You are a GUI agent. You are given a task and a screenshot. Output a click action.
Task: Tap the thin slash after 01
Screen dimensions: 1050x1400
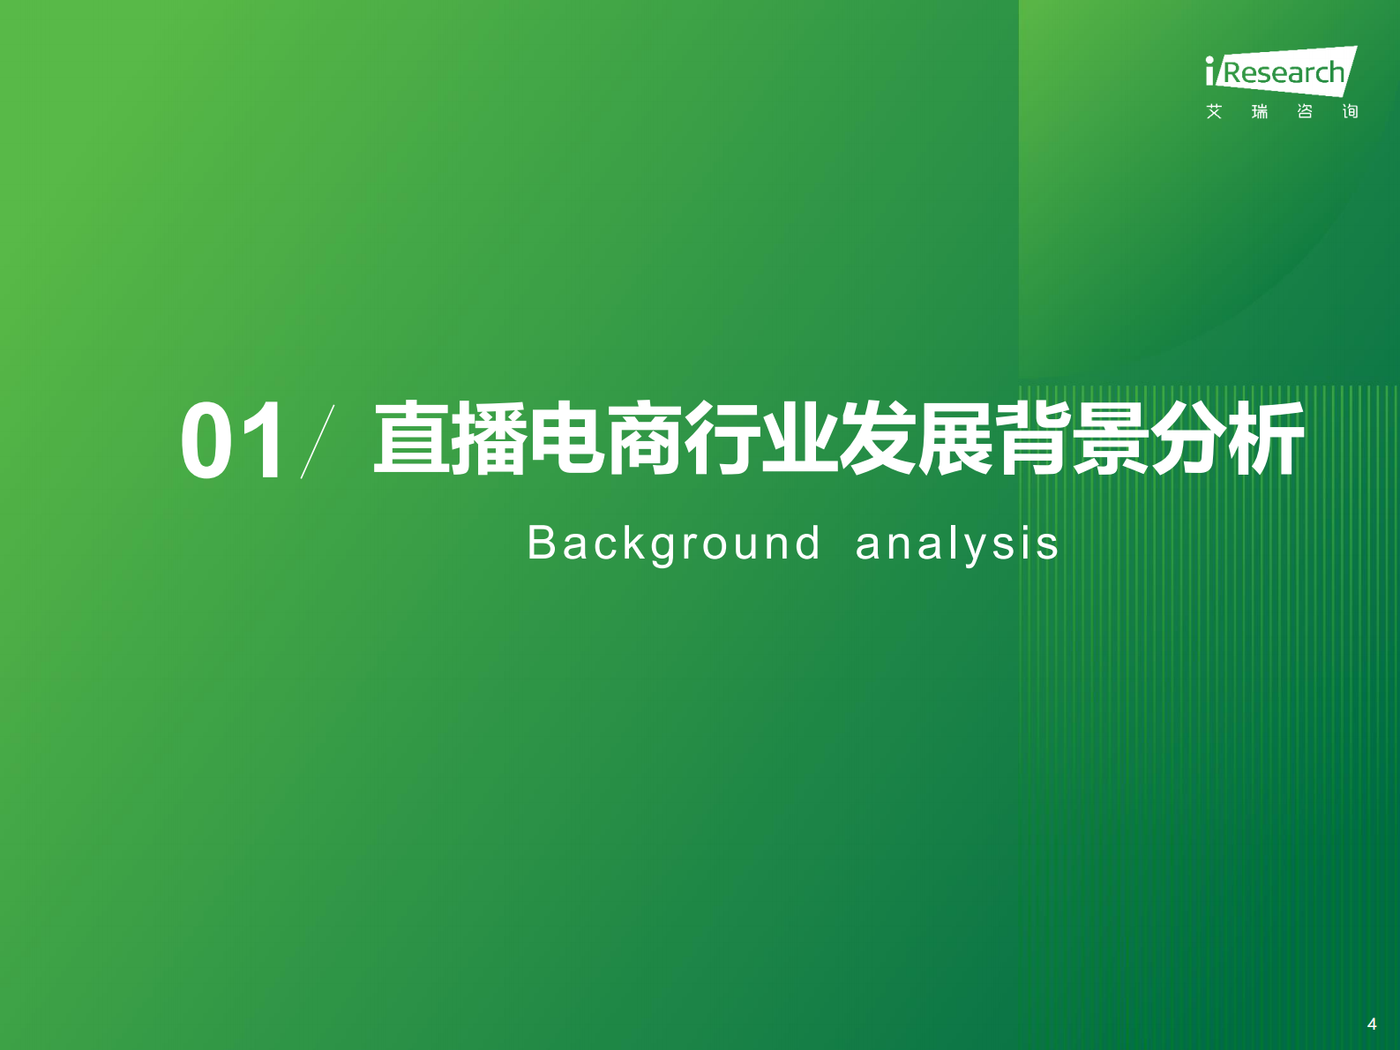pos(318,441)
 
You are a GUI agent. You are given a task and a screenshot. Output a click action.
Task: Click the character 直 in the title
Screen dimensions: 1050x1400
pos(412,439)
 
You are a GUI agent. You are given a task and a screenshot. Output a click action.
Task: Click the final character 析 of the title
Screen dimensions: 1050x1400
pos(1266,439)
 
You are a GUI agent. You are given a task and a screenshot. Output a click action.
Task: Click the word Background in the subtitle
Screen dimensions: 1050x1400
pos(674,544)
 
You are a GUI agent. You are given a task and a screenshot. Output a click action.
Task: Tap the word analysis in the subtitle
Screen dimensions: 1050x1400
pos(957,544)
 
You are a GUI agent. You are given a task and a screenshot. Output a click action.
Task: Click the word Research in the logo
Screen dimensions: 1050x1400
pos(1284,72)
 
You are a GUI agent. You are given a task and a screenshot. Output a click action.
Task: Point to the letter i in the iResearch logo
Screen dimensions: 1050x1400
pos(1210,71)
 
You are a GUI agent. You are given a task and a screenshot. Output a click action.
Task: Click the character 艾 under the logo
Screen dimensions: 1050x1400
pos(1215,111)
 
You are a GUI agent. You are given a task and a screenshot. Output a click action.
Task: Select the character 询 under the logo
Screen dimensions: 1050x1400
pos(1350,111)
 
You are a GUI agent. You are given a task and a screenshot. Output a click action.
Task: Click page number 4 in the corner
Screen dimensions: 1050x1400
pos(1372,1024)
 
